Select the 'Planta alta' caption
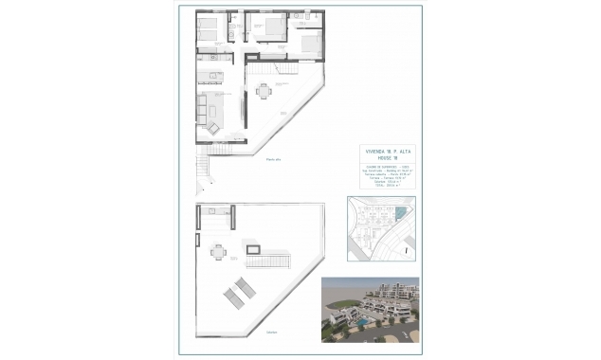tap(275, 158)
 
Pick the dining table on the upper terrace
tap(263, 91)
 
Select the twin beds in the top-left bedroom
tap(209, 27)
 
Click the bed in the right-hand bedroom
tap(313, 43)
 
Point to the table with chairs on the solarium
tap(219, 252)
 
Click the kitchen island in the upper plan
tap(210, 77)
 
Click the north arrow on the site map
tap(405, 251)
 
